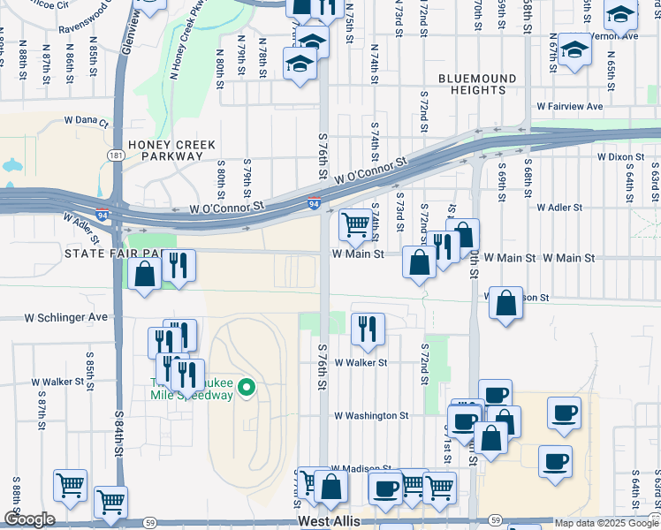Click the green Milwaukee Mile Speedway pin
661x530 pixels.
tap(247, 387)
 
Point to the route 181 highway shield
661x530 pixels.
tap(115, 155)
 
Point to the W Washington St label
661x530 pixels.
tap(370, 414)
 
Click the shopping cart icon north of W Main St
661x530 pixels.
tap(355, 224)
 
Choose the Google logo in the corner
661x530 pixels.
tap(29, 519)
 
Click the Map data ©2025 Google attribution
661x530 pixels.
tap(605, 523)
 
